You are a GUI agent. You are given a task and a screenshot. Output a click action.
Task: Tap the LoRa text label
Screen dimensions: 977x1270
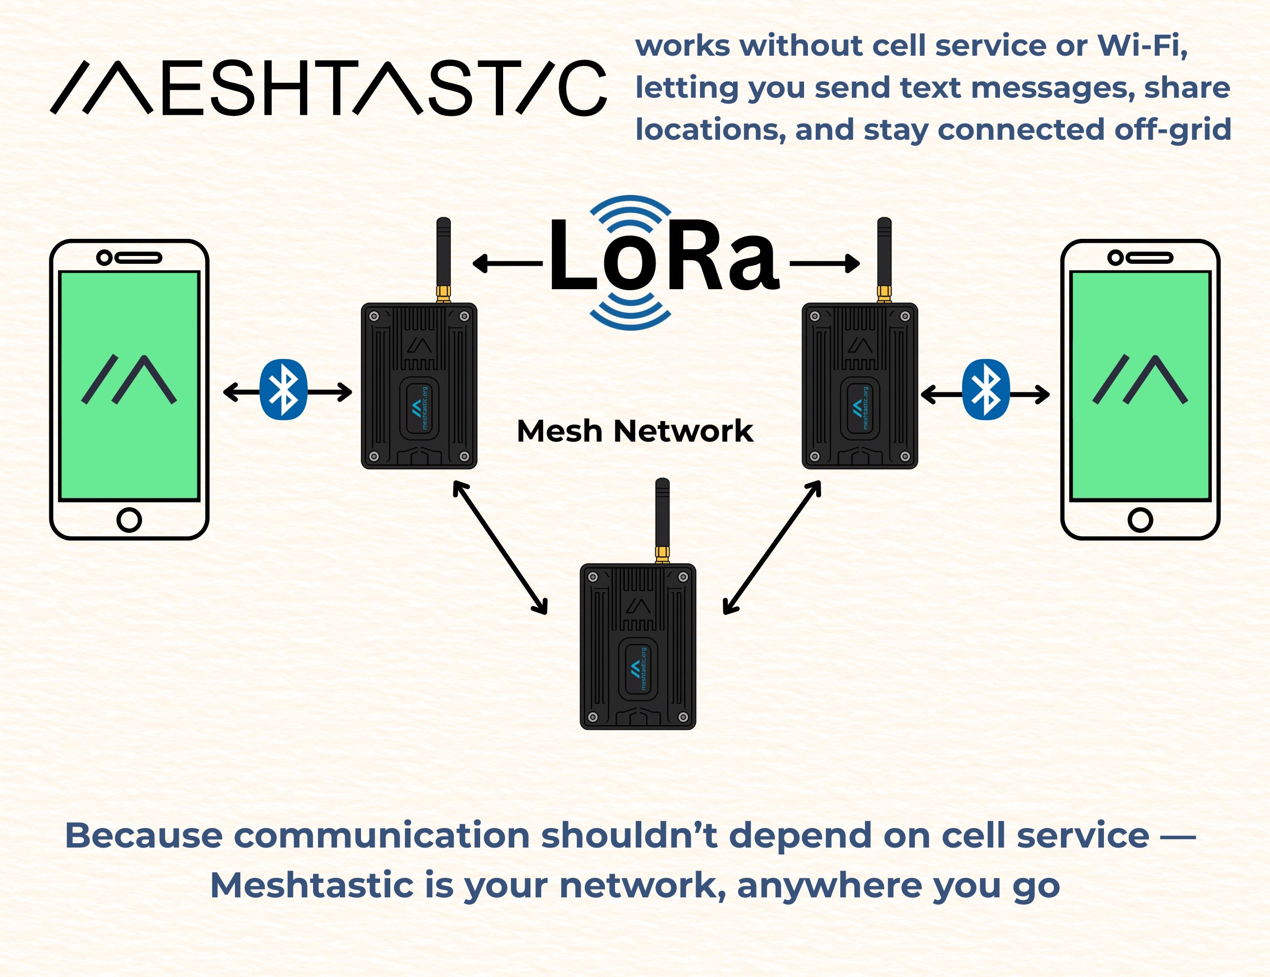[x=663, y=256]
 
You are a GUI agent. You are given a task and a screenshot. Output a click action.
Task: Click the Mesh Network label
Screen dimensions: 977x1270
[x=635, y=431]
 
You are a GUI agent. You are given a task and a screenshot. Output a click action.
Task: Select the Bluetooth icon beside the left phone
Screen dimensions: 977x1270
[x=283, y=390]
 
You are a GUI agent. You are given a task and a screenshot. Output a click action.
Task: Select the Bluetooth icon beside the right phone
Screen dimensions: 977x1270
[x=986, y=390]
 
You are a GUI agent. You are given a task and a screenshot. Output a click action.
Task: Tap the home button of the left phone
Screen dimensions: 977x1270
[x=129, y=519]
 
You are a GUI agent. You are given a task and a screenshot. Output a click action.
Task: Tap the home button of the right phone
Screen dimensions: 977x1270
[x=1141, y=519]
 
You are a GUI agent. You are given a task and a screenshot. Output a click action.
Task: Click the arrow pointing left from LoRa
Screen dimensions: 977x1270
[x=506, y=263]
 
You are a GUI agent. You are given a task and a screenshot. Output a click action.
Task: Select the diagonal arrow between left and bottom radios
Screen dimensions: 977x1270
[x=500, y=547]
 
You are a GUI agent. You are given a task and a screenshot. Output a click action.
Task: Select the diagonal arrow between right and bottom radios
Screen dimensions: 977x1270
[x=772, y=547]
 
